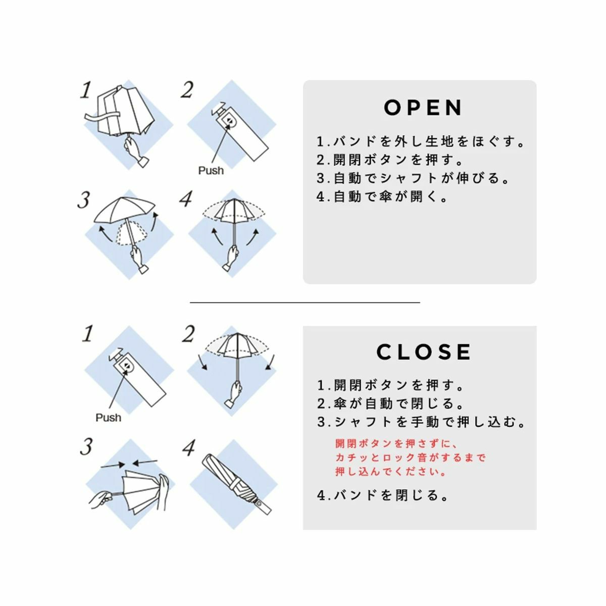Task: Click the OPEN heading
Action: point(423,108)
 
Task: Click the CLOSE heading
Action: point(424,351)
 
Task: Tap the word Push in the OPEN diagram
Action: point(211,171)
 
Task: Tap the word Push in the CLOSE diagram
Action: point(108,418)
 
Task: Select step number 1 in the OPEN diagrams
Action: point(85,90)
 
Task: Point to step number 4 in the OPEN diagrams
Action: point(185,199)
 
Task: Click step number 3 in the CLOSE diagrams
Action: point(86,447)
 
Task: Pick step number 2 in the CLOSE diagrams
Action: point(188,334)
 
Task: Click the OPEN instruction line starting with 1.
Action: point(421,141)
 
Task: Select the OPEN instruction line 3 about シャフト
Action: point(412,178)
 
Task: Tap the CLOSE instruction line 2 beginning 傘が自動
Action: point(390,403)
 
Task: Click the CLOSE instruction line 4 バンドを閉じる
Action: point(382,495)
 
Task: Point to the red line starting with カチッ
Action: point(411,457)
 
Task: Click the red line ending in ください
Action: point(390,472)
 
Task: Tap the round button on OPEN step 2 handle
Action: point(230,121)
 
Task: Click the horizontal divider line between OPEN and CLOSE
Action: point(305,302)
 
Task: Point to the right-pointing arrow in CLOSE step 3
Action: point(113,465)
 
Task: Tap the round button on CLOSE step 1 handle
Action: point(128,366)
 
